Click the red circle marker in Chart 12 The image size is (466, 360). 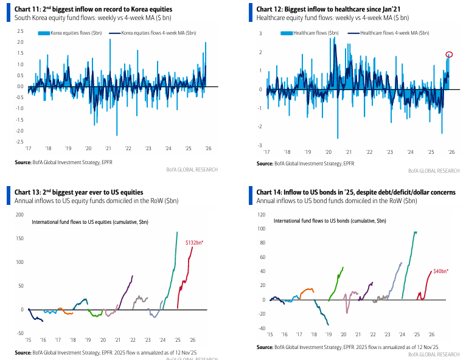[x=449, y=55]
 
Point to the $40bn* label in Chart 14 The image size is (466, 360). [x=439, y=271]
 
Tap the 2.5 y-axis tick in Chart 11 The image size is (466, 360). [x=19, y=41]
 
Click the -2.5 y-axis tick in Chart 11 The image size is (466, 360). [x=19, y=142]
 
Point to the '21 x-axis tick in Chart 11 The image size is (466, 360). [x=108, y=148]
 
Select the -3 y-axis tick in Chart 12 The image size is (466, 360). [x=260, y=145]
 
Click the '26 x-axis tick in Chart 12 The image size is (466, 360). [x=450, y=152]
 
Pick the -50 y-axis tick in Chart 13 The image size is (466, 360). [x=19, y=333]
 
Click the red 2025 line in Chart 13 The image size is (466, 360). [x=184, y=280]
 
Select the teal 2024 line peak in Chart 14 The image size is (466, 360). [x=415, y=232]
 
